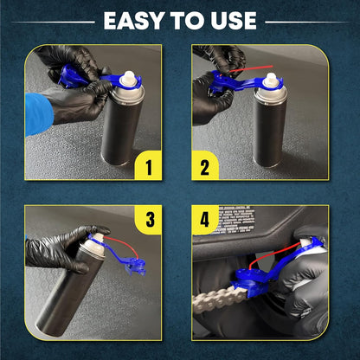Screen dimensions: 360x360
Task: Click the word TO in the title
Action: point(184,21)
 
